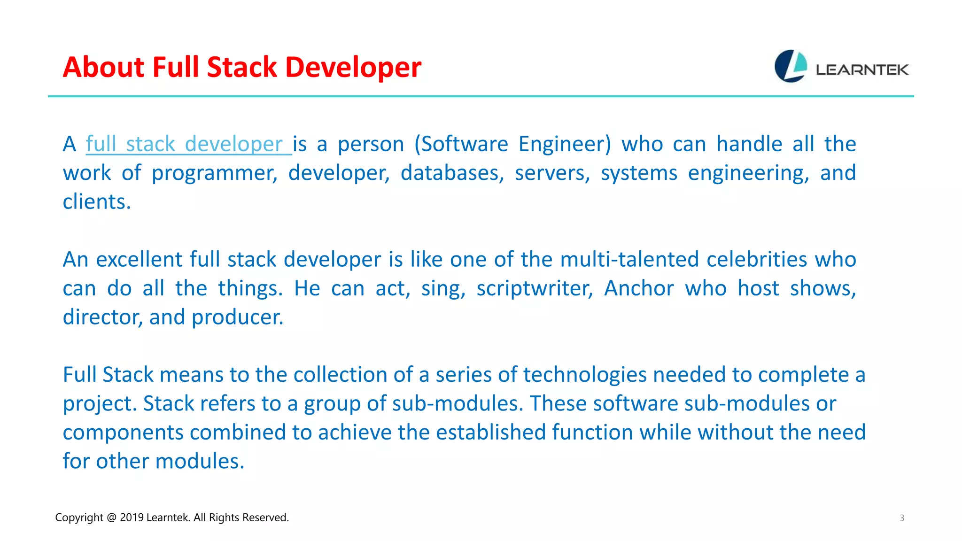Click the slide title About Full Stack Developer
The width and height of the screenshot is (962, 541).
click(x=242, y=67)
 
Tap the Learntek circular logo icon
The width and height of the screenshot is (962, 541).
click(x=791, y=66)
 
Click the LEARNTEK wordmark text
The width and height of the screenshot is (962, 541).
click(x=862, y=70)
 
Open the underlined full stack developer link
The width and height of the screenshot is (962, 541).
click(x=188, y=144)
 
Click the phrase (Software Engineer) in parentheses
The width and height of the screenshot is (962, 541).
click(x=512, y=144)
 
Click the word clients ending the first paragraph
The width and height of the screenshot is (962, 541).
click(x=96, y=202)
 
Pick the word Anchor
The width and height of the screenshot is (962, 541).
click(x=639, y=288)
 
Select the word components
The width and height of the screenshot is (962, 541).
click(x=123, y=433)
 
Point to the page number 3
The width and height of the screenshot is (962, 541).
click(x=902, y=518)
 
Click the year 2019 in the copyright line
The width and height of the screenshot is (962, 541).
click(x=132, y=518)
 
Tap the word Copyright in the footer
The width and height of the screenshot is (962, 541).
click(x=79, y=518)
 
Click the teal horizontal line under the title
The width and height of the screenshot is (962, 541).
click(x=481, y=96)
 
